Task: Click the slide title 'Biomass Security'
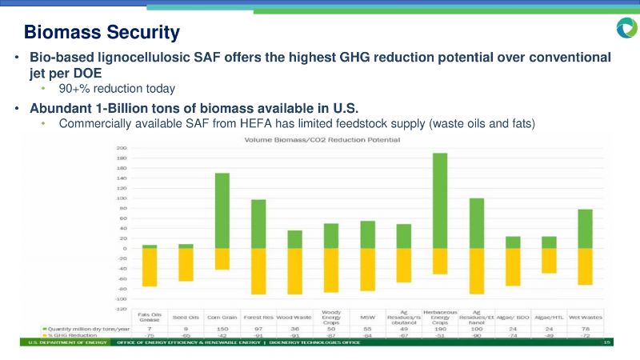click(x=102, y=33)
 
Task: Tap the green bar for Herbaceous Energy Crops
click(x=439, y=200)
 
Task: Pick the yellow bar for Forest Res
click(x=258, y=270)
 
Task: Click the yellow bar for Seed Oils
click(x=186, y=264)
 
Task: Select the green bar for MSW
click(x=367, y=234)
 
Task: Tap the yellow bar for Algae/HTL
click(x=549, y=260)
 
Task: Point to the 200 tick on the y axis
click(x=122, y=149)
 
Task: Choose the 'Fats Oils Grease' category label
click(x=150, y=317)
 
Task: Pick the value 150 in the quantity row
click(x=222, y=329)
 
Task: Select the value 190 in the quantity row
click(x=439, y=329)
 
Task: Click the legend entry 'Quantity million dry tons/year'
click(x=88, y=329)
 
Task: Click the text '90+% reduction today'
click(x=117, y=88)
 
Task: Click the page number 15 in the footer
click(x=607, y=342)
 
